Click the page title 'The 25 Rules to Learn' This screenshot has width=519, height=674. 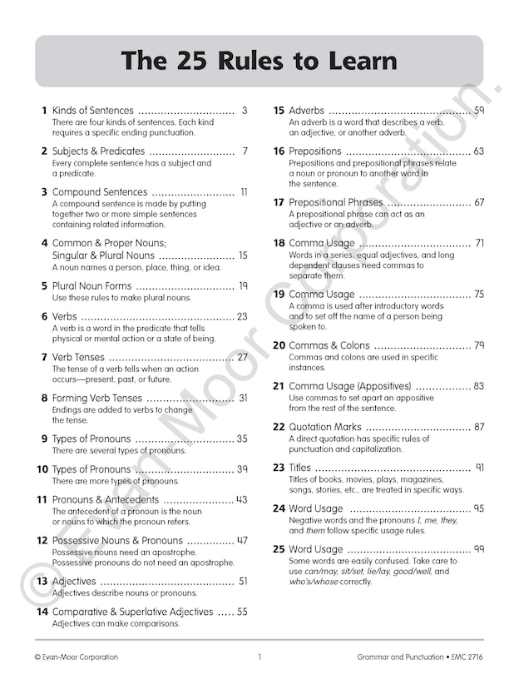tap(259, 62)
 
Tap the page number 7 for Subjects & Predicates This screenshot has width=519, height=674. tap(245, 151)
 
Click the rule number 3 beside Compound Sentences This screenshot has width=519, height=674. tap(43, 192)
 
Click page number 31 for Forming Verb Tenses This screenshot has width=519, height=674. tap(243, 398)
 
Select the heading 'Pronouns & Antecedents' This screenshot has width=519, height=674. tap(106, 500)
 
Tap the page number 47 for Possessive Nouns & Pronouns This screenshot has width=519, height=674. tap(242, 541)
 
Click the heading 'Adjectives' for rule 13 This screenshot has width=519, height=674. tap(74, 582)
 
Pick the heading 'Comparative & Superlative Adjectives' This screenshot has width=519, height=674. tap(133, 612)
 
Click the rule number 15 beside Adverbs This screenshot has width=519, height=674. tap(279, 111)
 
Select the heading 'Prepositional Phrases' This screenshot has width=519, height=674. tap(336, 202)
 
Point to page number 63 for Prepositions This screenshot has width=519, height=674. tap(479, 151)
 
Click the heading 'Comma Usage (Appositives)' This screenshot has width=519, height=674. tap(350, 386)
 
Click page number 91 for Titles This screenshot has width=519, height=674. tap(479, 468)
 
